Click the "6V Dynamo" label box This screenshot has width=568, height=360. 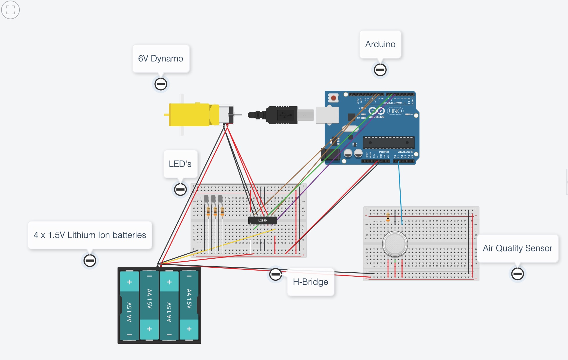(x=161, y=59)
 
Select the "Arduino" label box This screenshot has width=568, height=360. (x=380, y=44)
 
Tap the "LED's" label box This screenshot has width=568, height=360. (x=180, y=164)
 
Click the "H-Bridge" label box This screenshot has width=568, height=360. (x=310, y=282)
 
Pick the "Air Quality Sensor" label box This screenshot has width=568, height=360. (x=517, y=248)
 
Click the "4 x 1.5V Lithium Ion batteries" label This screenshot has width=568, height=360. (x=90, y=235)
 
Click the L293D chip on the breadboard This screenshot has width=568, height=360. (x=262, y=221)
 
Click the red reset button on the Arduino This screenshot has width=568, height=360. (x=334, y=98)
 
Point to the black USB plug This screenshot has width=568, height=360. (x=281, y=115)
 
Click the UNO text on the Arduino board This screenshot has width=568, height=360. (x=395, y=111)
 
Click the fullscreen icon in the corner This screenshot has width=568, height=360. (x=10, y=10)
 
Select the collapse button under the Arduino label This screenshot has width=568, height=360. (x=380, y=70)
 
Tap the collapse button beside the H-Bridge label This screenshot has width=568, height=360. (x=275, y=274)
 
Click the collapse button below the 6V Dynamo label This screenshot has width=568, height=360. (x=161, y=84)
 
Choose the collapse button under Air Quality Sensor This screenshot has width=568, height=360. (x=517, y=274)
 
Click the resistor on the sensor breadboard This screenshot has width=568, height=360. (x=388, y=217)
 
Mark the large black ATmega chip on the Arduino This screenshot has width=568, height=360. (x=389, y=143)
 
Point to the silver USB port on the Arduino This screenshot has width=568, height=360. (x=327, y=115)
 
